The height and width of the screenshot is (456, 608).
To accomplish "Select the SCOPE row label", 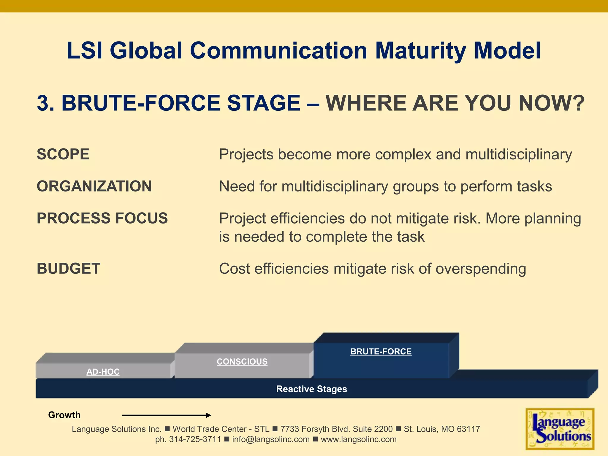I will coord(63,154).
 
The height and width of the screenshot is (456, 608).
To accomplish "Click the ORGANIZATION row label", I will coord(94,186).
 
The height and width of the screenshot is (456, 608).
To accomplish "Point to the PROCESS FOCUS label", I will coord(102,218).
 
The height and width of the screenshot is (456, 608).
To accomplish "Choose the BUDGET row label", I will coord(69,269).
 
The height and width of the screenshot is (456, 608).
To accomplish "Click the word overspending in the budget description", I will coord(481,269).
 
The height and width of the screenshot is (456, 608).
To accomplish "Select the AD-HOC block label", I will coord(103,372).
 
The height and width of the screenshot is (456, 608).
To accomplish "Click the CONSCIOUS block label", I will coord(242,362).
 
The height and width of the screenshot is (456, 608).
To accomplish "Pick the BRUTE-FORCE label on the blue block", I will coord(381,351).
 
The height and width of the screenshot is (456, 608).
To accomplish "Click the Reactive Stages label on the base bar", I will coord(311,389).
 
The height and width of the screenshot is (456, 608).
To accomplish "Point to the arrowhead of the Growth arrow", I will coord(209,415).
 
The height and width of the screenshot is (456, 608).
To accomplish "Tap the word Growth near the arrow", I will coord(64,415).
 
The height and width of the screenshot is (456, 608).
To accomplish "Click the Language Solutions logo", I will coord(560,429).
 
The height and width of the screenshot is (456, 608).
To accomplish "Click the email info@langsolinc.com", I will coord(271,439).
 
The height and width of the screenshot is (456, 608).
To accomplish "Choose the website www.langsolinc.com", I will coord(359,439).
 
